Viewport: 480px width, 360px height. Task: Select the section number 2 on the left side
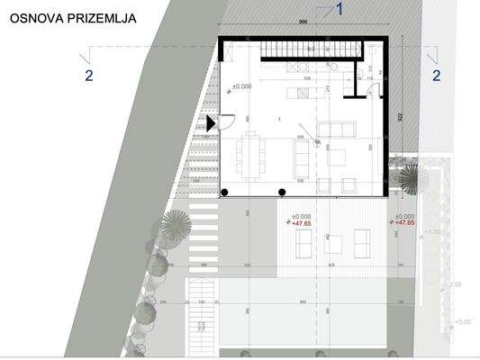point(88,76)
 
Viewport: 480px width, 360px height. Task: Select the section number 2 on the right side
point(436,76)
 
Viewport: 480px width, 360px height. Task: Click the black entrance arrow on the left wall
point(212,123)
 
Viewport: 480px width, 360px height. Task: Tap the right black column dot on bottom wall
point(283,192)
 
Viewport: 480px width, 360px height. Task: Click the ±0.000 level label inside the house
point(242,86)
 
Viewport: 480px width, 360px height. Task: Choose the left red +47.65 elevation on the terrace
point(301,223)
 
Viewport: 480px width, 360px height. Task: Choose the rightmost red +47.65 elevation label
point(404,223)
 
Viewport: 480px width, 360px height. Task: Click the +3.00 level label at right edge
point(463,321)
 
